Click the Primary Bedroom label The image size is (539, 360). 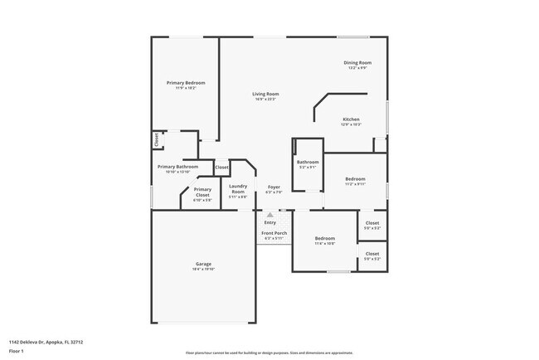click(185, 83)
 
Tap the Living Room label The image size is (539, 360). click(265, 94)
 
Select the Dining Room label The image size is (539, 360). click(357, 63)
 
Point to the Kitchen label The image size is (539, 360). click(351, 119)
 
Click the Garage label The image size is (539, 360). click(203, 264)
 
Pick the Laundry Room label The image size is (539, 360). click(238, 188)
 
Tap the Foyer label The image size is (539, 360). click(273, 187)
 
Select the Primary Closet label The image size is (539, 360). click(202, 189)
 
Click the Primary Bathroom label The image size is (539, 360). click(178, 167)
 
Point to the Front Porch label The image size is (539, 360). click(274, 233)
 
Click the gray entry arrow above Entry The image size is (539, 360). click(269, 215)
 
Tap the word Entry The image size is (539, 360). click(270, 222)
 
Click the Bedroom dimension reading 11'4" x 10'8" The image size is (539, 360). click(324, 244)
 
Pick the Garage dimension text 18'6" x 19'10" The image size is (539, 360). click(203, 270)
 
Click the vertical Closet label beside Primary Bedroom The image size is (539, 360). click(155, 140)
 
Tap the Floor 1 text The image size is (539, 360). click(15, 350)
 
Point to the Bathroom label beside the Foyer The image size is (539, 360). click(308, 162)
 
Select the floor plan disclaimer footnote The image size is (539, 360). click(269, 353)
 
